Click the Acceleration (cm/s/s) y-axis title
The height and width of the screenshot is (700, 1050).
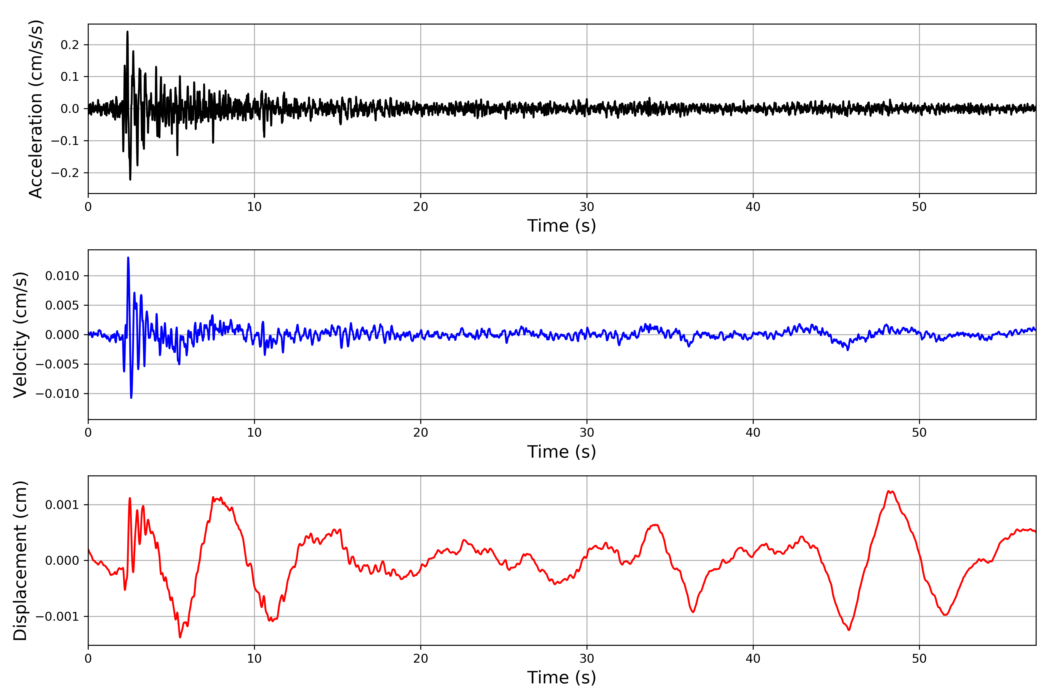pos(36,109)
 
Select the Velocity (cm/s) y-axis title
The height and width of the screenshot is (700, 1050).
pos(20,335)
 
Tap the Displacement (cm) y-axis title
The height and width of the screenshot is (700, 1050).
pos(20,561)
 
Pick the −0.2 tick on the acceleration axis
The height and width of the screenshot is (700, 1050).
pos(65,173)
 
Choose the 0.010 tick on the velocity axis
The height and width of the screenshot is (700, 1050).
pos(62,276)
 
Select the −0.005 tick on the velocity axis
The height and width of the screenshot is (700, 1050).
pos(57,364)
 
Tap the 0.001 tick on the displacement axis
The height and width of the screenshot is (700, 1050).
pos(62,505)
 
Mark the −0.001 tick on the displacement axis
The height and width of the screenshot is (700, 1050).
pos(57,617)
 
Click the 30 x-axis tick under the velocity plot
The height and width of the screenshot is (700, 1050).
pos(587,433)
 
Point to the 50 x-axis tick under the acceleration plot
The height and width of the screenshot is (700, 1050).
pos(919,207)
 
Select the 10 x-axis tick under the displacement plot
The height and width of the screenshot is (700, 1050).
pos(254,659)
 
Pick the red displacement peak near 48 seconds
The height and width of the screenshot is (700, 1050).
pos(889,491)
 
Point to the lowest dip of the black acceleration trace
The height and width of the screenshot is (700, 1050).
pos(130,179)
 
